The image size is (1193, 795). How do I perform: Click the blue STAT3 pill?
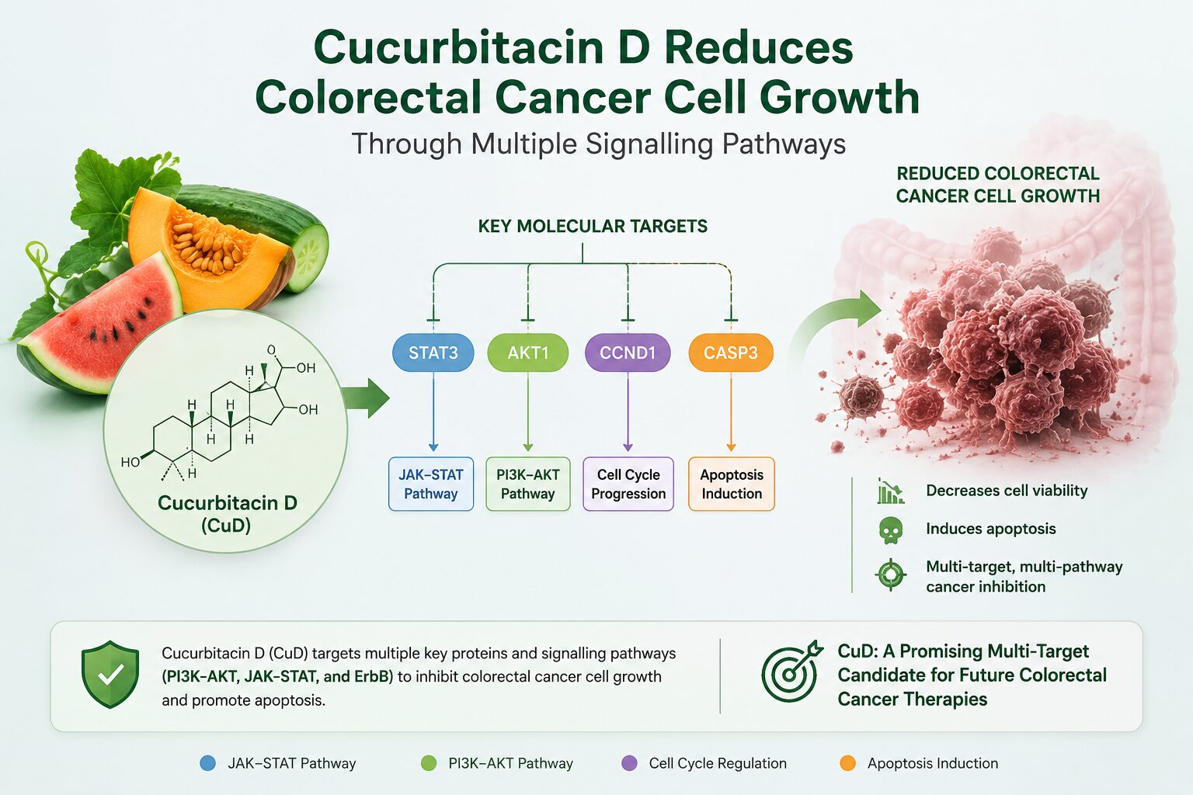[x=433, y=352]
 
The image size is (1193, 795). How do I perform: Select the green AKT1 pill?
[x=528, y=352]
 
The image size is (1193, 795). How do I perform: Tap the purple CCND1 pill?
[x=628, y=352]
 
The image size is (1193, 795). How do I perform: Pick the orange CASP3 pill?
[x=731, y=352]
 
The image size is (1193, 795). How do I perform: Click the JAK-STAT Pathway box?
[x=431, y=484]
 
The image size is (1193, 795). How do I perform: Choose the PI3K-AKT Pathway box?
[x=528, y=484]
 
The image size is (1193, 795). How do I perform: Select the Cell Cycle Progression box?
[x=628, y=484]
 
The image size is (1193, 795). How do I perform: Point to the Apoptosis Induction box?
[x=731, y=484]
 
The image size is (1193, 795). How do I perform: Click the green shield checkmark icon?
[x=110, y=674]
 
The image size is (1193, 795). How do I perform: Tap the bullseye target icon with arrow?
[x=791, y=671]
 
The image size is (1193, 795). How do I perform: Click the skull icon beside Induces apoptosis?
[x=891, y=530]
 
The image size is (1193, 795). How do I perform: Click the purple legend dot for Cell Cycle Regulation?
[x=630, y=763]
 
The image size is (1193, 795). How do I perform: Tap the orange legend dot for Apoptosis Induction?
[x=847, y=763]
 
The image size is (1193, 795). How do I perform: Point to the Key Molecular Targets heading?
[x=593, y=226]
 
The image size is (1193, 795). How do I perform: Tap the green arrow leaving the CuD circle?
[x=366, y=398]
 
